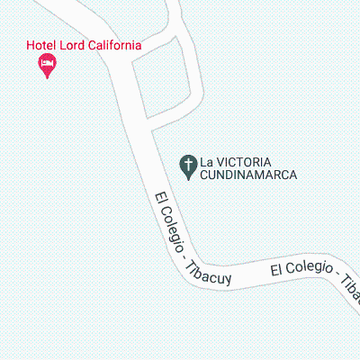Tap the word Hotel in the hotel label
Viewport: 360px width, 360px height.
point(43,46)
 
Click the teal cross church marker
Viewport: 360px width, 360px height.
point(188,166)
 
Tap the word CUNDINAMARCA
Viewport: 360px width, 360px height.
point(248,175)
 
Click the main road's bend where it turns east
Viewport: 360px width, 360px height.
point(184,270)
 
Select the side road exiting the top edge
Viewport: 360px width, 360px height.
point(172,11)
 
